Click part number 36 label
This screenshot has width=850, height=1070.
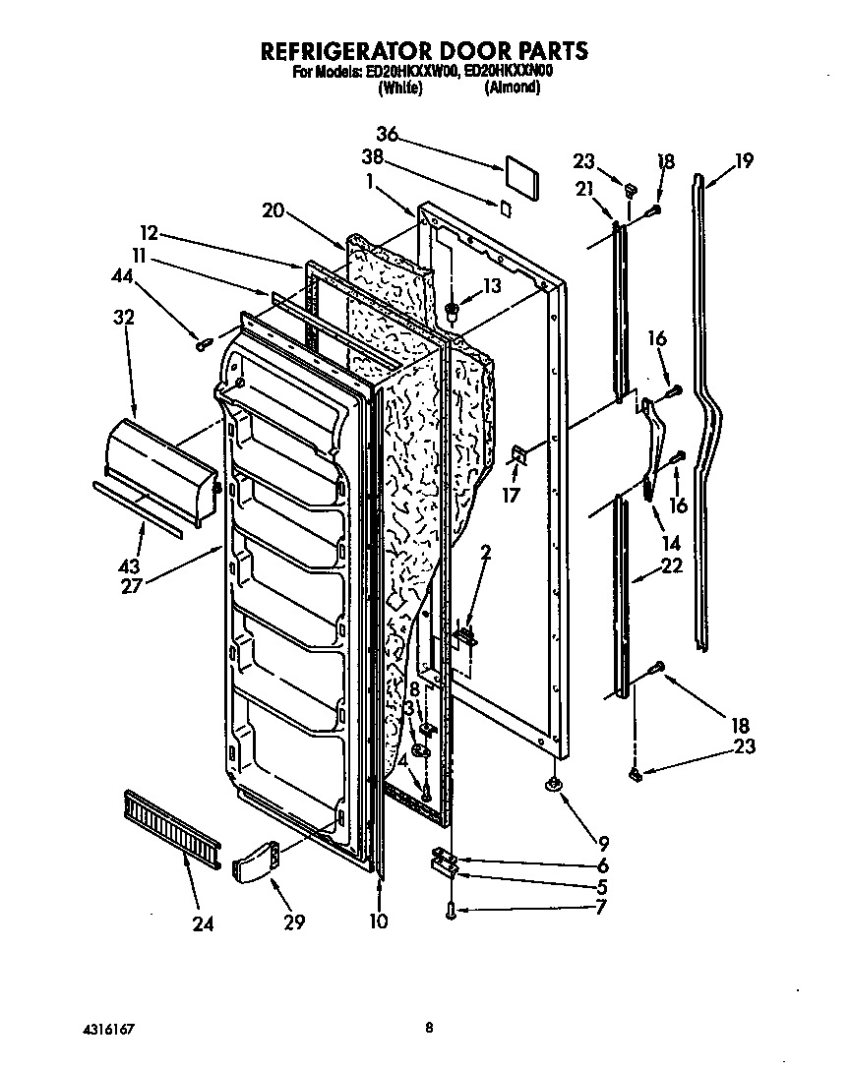pos(389,135)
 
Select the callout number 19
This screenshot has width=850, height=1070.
pos(744,161)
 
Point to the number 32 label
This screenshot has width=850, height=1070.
pos(124,318)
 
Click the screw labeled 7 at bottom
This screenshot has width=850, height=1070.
pos(450,911)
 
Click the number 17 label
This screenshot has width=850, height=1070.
pos(511,497)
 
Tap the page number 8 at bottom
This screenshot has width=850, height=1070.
pos(428,1028)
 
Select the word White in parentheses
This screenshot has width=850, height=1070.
pos(400,88)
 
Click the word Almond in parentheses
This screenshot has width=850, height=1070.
pos(512,88)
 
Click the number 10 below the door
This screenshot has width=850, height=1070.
pos(379,921)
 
